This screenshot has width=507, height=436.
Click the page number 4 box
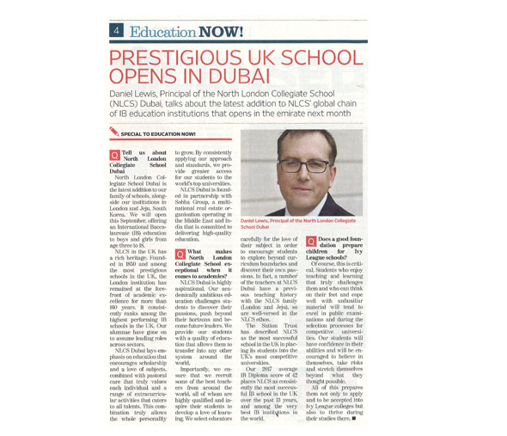115,31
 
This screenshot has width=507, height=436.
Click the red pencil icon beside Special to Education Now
114,132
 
